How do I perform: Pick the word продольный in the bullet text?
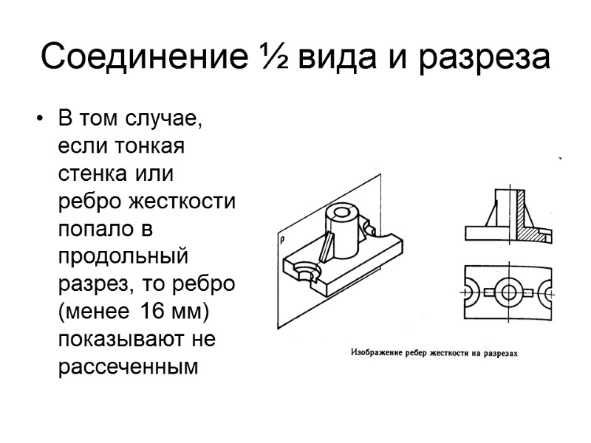123,257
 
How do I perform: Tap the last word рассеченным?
128,365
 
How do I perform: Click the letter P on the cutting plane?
282,240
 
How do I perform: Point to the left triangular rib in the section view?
488,214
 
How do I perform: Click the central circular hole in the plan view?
508,292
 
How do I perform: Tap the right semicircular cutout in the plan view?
545,292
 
